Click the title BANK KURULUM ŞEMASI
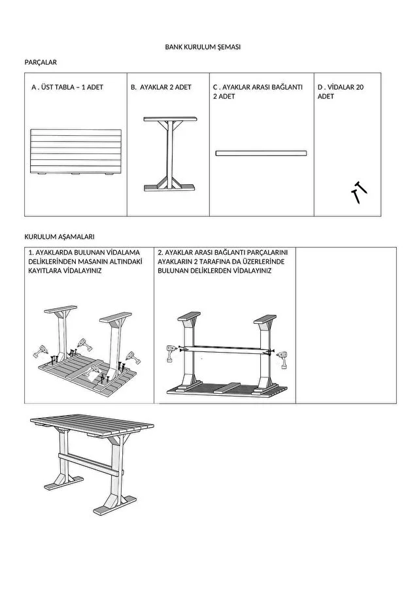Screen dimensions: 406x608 click(203, 47)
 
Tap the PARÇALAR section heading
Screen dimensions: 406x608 click(41, 63)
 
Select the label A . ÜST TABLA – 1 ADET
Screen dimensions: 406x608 click(67, 88)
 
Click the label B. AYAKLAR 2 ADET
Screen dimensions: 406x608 click(161, 88)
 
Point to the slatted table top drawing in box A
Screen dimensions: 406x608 click(76, 152)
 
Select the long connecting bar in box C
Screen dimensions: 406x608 click(262, 153)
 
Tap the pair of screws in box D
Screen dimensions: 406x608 click(359, 192)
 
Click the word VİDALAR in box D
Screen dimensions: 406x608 click(341, 88)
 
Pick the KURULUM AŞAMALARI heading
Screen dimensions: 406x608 click(59, 237)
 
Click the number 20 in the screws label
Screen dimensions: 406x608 click(360, 88)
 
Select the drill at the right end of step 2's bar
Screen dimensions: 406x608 click(282, 360)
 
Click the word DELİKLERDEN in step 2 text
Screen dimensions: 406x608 click(211, 270)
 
